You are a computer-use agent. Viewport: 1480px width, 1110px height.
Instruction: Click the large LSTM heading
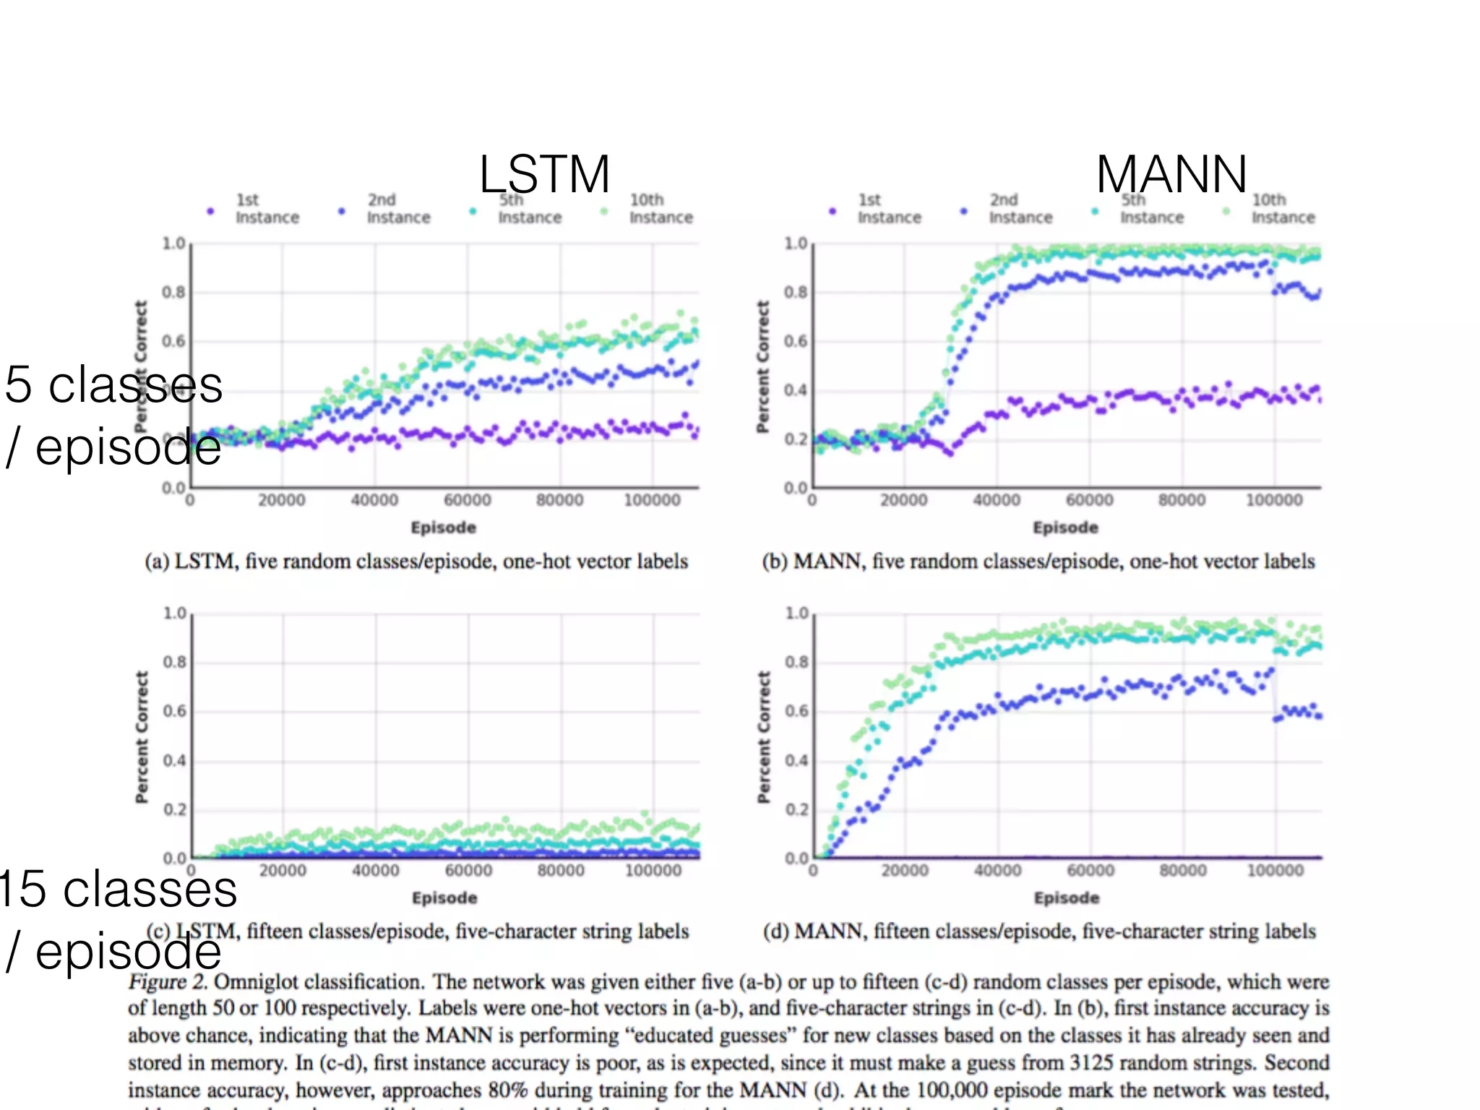544,174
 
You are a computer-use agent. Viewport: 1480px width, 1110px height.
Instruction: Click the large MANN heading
1171,174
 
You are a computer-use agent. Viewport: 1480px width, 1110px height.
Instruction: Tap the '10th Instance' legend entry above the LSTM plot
659,209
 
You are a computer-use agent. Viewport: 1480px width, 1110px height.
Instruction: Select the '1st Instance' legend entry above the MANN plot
888,209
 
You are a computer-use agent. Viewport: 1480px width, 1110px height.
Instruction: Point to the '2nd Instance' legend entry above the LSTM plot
397,209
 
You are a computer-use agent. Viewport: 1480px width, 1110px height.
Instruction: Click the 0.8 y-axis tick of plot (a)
173,292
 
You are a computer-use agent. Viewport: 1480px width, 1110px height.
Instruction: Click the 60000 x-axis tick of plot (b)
1089,500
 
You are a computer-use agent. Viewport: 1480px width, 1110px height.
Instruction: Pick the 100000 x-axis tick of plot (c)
653,870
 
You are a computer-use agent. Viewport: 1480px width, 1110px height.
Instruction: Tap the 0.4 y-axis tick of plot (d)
796,760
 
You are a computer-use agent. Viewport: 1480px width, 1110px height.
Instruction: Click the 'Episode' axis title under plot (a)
444,528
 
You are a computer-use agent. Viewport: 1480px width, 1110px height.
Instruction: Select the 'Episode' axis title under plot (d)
1067,898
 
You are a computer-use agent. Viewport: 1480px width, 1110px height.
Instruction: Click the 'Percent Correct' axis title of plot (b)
762,367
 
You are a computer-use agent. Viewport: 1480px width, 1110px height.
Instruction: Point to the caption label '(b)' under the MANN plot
775,562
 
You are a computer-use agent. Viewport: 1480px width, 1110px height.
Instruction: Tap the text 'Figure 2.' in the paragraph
168,982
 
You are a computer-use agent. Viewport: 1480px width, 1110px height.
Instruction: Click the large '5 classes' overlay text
113,384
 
